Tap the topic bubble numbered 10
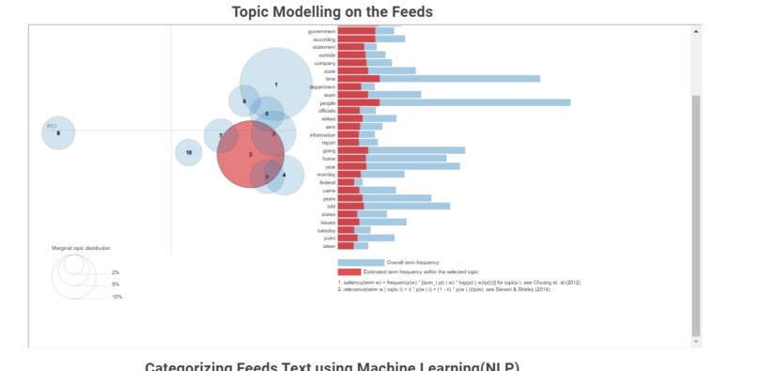click(189, 152)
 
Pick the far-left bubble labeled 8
click(57, 133)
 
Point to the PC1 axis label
click(53, 126)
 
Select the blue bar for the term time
click(460, 79)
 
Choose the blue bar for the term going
click(417, 150)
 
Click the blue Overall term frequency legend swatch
click(361, 262)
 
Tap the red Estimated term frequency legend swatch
click(349, 271)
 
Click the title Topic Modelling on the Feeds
click(332, 11)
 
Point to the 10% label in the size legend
click(116, 297)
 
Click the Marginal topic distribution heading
click(81, 248)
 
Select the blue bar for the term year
click(413, 166)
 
